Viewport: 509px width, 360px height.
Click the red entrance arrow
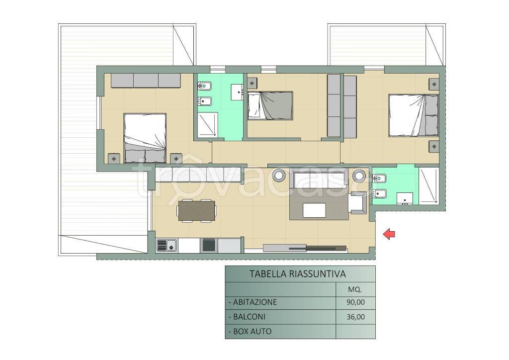pyautogui.click(x=389, y=234)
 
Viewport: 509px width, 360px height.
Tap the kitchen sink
pyautogui.click(x=167, y=246)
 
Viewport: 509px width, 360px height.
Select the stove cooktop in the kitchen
pyautogui.click(x=208, y=246)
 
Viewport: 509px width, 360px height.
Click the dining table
pyautogui.click(x=197, y=210)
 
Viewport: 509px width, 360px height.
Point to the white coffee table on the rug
pyautogui.click(x=314, y=210)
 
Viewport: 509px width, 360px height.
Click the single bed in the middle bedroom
pyautogui.click(x=270, y=105)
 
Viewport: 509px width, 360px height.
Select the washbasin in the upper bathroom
pyautogui.click(x=237, y=92)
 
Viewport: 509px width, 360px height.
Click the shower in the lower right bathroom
pyautogui.click(x=428, y=185)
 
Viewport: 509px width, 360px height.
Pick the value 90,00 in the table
pyautogui.click(x=355, y=302)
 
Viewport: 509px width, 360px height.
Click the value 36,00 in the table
pyautogui.click(x=355, y=317)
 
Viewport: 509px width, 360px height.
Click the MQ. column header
pyautogui.click(x=355, y=289)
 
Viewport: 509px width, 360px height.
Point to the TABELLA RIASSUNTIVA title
pyautogui.click(x=298, y=274)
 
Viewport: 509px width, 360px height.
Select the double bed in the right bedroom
pyautogui.click(x=414, y=115)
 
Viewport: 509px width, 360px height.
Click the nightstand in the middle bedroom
pyautogui.click(x=252, y=83)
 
